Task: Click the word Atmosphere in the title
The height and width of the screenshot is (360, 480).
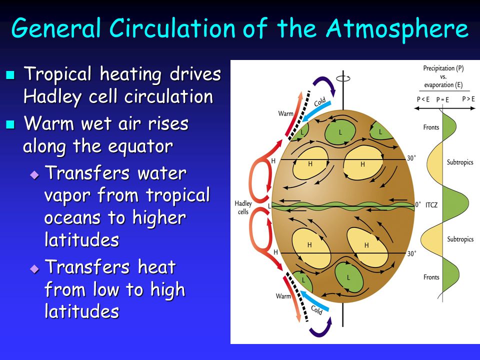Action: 397,28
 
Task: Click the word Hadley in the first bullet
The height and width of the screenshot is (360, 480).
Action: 52,97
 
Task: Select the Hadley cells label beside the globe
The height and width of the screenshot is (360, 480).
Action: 243,207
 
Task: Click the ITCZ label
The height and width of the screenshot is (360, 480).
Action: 431,205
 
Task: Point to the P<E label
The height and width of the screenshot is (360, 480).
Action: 423,99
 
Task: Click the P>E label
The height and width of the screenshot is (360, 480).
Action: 468,99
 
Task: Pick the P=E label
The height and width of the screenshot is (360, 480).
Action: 442,99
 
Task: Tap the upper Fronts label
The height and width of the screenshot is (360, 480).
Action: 431,127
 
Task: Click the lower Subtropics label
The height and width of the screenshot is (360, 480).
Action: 460,239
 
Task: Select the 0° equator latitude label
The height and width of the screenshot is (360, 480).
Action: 418,204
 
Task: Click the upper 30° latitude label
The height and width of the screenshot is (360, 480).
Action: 411,158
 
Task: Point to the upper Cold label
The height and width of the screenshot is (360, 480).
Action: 320,102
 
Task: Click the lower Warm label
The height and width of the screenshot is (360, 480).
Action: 283,296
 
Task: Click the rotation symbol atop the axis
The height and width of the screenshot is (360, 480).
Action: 343,78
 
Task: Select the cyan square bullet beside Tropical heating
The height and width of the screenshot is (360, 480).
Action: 10,74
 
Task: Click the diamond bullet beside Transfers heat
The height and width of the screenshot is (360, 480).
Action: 34,269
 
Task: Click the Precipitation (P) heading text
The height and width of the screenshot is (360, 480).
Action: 443,68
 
